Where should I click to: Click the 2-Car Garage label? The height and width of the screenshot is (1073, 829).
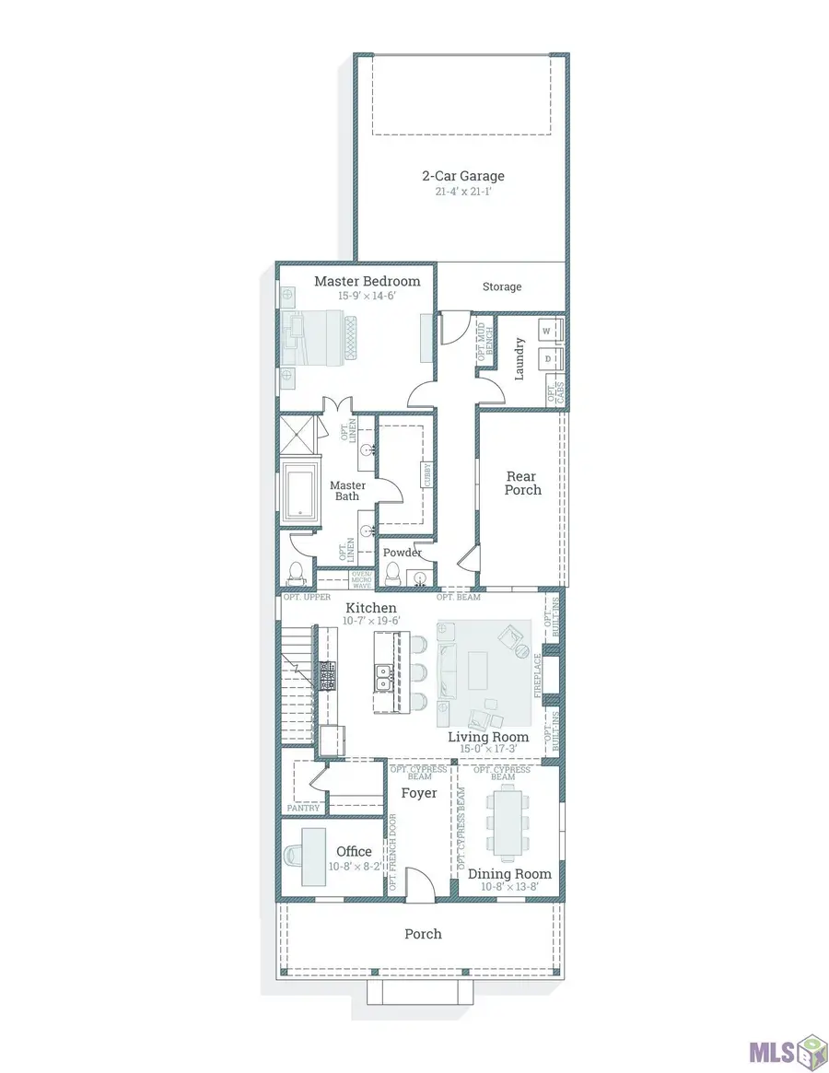coord(462,176)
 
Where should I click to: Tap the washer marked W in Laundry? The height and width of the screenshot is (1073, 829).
coord(545,331)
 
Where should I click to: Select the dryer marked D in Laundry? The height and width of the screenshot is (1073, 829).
coord(545,357)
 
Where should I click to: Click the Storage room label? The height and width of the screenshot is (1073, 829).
coord(502,287)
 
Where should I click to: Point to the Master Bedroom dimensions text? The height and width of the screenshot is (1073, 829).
coord(367,297)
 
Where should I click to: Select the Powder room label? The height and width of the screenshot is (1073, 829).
coord(403,553)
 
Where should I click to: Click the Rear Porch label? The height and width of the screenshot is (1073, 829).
coord(522,484)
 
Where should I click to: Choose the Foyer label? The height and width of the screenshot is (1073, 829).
coord(418,793)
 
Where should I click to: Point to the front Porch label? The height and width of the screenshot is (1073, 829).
coord(423,934)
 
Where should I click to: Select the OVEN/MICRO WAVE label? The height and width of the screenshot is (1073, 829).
coord(361,579)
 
